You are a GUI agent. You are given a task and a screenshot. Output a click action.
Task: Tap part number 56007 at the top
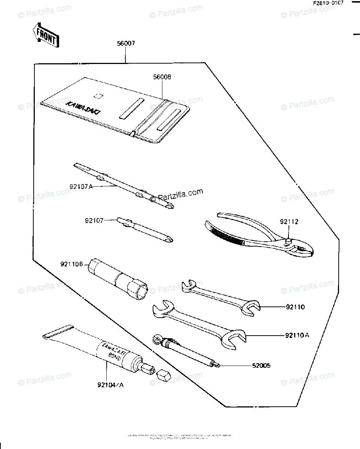pyautogui.click(x=125, y=43)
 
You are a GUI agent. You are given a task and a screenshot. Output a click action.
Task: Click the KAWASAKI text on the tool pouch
pyautogui.click(x=84, y=107)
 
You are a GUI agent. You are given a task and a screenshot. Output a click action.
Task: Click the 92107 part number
pyautogui.click(x=94, y=221)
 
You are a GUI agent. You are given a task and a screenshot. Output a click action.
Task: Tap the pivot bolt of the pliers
pyautogui.click(x=289, y=242)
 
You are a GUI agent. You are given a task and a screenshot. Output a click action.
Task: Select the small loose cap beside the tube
pyautogui.click(x=162, y=374)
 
